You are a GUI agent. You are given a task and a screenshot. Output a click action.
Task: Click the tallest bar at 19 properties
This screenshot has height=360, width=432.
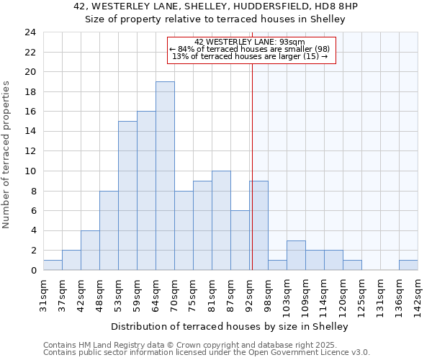coord(165,176)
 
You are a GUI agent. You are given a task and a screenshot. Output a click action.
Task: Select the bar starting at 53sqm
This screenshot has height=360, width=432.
coord(127,195)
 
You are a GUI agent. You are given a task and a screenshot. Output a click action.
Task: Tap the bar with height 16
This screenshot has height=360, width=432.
coord(146,191)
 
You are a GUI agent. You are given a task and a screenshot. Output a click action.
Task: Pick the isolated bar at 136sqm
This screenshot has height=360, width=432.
coord(408,265)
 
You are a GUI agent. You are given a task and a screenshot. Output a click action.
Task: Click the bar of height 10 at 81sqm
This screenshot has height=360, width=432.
coord(221,220)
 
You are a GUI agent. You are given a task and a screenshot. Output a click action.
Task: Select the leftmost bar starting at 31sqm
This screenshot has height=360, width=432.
coord(53,265)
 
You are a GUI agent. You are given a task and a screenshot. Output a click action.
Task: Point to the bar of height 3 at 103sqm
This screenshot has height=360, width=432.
coord(296,255)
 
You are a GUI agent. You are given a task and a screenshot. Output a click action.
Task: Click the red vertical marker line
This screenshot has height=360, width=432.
coord(253,180)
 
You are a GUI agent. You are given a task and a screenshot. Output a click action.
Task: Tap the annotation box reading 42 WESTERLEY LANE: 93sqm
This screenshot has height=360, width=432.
coord(251,50)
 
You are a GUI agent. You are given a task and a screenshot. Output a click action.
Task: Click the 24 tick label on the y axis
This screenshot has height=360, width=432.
coord(30,32)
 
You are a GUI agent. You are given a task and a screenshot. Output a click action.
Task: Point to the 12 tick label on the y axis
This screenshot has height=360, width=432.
coord(30,151)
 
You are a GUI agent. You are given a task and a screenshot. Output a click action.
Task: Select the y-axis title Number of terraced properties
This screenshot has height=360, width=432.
coord(6,155)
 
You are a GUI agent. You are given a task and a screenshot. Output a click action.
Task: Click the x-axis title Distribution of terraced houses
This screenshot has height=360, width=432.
coord(230,326)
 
